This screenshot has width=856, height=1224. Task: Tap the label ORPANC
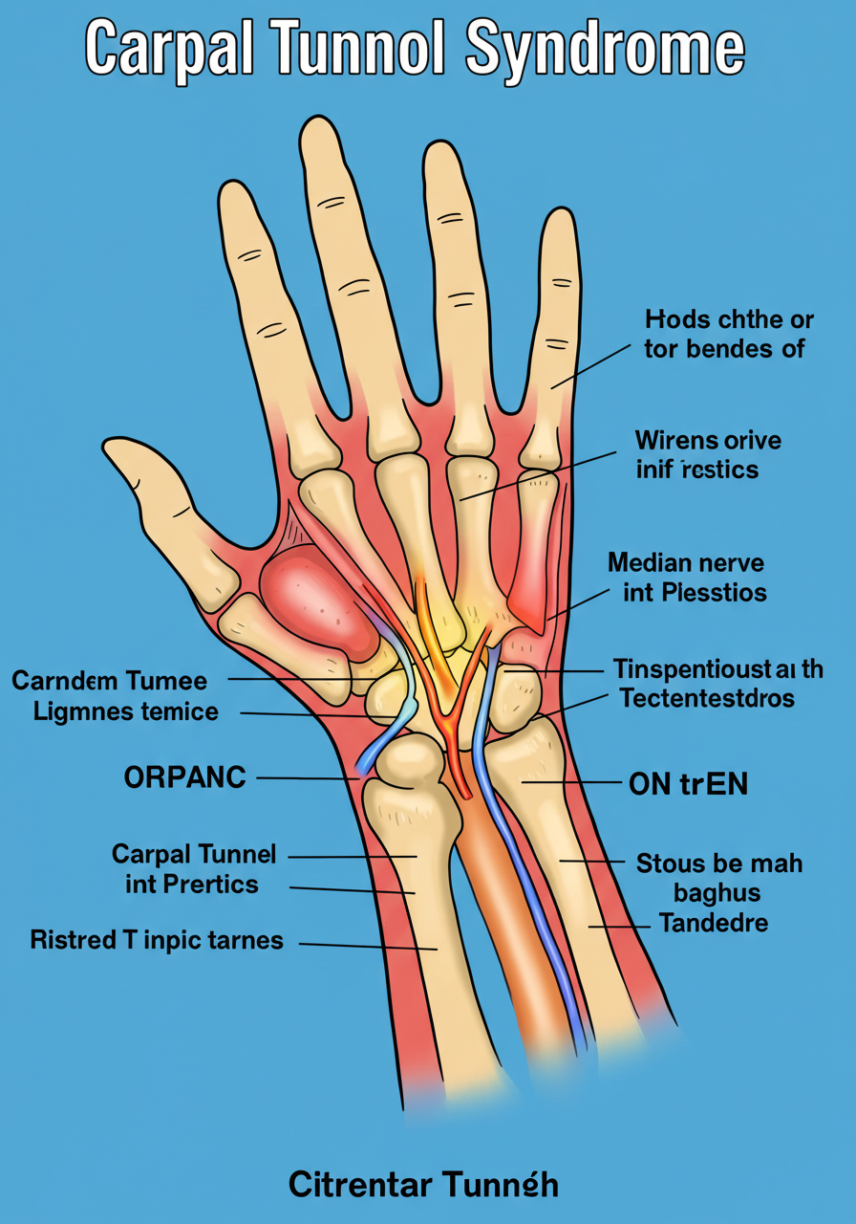[184, 777]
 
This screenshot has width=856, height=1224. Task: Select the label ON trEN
[688, 784]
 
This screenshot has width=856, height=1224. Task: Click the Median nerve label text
[685, 562]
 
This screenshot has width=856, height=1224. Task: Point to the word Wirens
[675, 441]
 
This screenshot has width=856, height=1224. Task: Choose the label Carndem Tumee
[109, 681]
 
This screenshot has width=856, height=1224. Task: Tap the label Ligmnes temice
[125, 711]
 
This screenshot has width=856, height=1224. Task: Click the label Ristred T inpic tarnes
[157, 940]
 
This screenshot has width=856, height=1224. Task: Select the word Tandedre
[712, 924]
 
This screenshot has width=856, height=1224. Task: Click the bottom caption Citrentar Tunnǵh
[423, 1185]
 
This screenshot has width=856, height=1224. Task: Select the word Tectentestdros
[706, 699]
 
